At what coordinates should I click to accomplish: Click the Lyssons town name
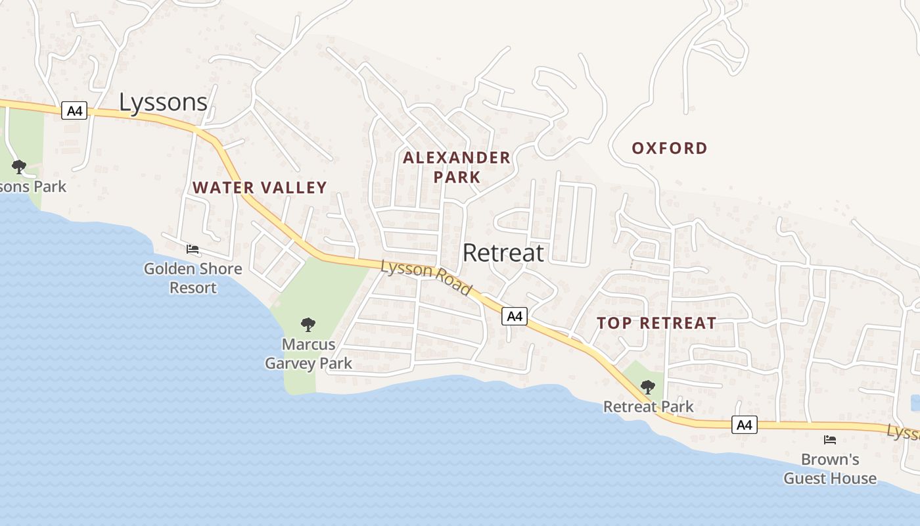pos(163,102)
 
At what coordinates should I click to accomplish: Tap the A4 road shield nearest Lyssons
pos(74,110)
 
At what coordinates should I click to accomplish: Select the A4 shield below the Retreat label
pos(515,316)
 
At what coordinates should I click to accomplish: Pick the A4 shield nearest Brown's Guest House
pos(744,425)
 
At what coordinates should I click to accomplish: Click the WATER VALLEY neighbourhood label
pos(260,187)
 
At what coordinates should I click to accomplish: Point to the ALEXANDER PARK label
pos(457,167)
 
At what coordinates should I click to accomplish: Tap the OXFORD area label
pos(670,148)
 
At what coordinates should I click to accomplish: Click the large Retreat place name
pos(503,252)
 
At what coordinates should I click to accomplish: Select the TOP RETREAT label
pos(656,323)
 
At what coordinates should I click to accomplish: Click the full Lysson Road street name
pos(426,277)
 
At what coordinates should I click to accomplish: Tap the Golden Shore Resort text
pos(193,278)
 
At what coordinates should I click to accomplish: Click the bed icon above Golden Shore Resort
pos(193,249)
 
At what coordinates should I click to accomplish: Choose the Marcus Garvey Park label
pos(308,354)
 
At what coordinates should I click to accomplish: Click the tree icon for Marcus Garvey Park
pos(308,324)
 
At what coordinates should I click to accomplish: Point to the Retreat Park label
pos(648,406)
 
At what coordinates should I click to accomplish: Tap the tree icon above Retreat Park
pos(647,387)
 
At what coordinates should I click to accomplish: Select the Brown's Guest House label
pos(829,469)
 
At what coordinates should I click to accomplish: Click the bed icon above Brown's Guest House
pos(830,439)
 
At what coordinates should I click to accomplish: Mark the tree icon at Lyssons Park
pos(18,166)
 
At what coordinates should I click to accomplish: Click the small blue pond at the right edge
pos(915,403)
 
